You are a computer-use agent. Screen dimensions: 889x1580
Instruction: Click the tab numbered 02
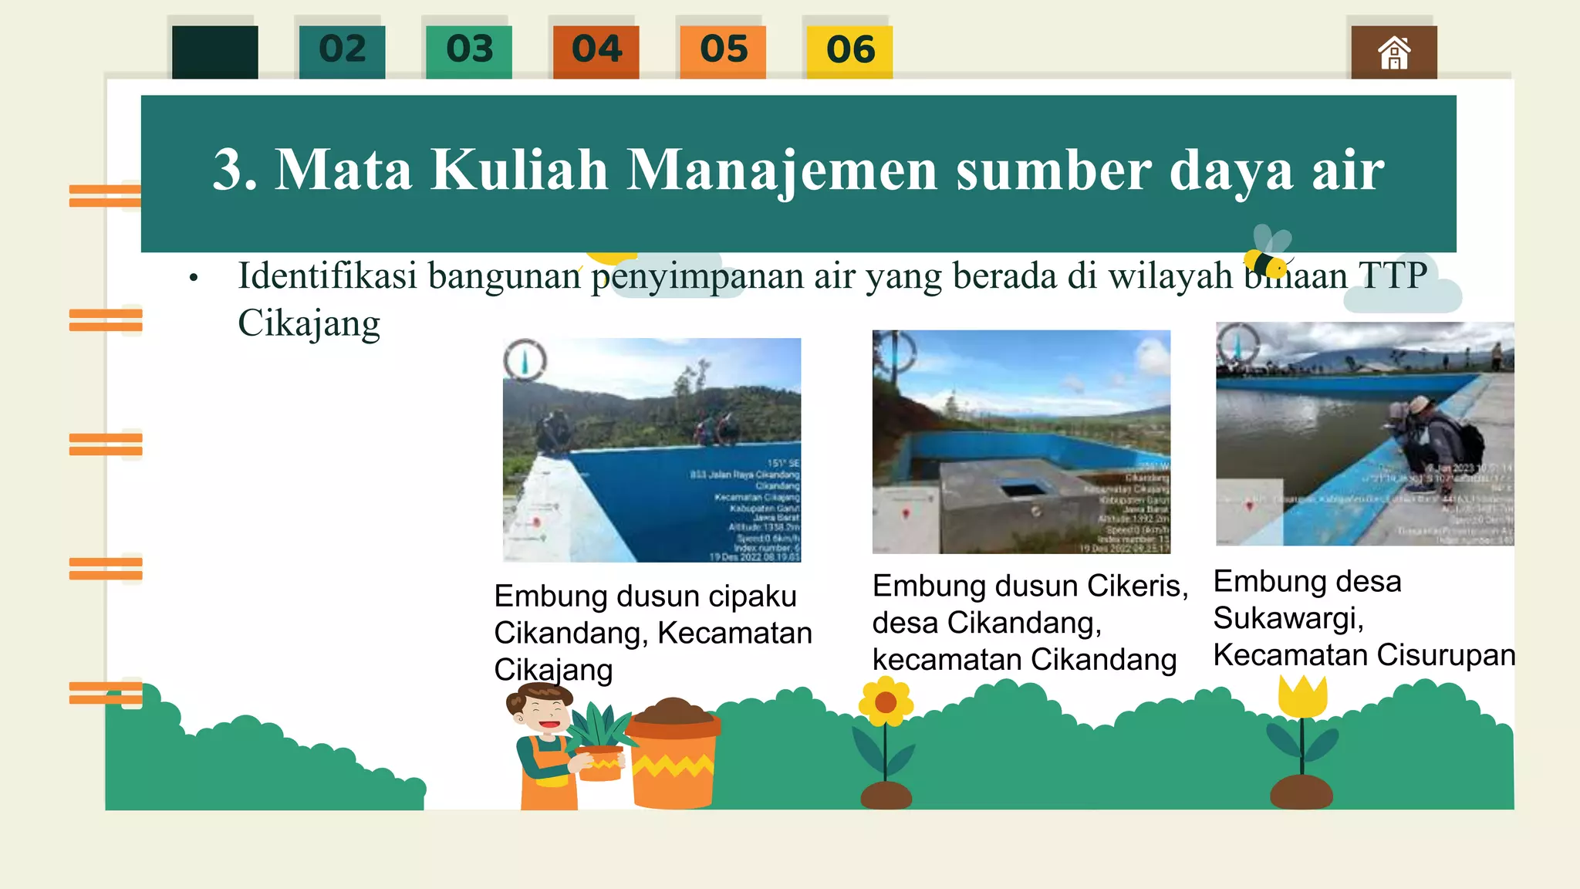pos(342,51)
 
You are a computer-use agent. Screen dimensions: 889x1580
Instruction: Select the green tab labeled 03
pos(468,51)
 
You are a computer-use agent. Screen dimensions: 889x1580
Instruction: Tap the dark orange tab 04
pos(596,51)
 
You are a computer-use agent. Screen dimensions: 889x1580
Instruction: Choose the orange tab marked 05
pos(723,51)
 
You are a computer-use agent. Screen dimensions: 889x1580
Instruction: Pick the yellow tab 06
pos(849,51)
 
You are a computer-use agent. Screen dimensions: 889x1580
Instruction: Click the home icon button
pos(1393,52)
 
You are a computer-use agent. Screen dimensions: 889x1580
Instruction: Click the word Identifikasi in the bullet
pos(327,276)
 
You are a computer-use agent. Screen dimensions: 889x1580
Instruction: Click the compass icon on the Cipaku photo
pos(525,360)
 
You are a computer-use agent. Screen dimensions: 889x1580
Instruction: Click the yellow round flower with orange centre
pos(886,702)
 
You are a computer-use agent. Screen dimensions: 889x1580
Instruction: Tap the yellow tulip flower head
pos(1302,696)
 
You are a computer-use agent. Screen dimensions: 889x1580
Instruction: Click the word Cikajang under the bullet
pos(309,323)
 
